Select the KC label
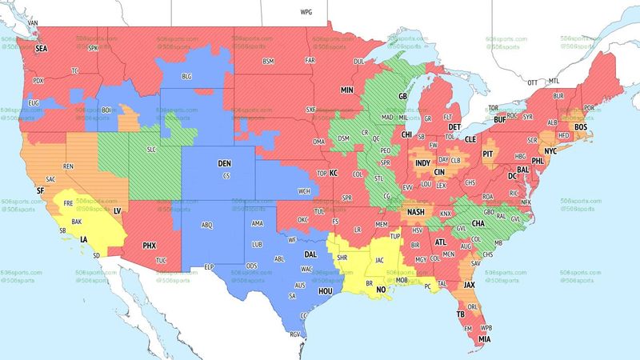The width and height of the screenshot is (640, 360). tap(334, 173)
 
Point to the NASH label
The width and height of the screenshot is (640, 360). tap(416, 212)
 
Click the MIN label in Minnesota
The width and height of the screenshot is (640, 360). tap(346, 90)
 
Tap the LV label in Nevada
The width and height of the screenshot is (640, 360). tap(117, 210)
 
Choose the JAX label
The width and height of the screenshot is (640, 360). tap(470, 284)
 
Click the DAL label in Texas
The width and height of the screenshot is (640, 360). tap(310, 255)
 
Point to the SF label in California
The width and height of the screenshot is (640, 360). tap(41, 190)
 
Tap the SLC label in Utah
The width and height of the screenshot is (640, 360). tap(152, 150)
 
